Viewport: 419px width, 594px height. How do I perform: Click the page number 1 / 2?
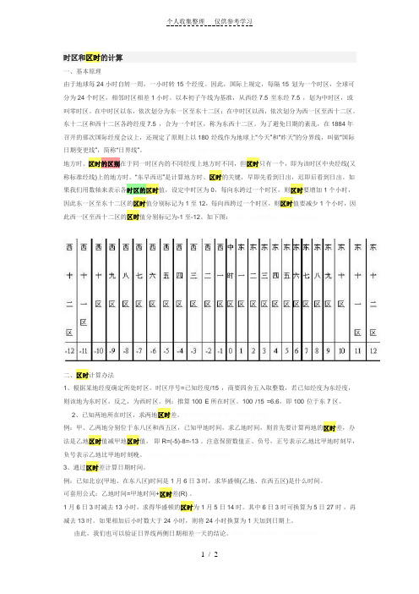(x=209, y=577)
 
